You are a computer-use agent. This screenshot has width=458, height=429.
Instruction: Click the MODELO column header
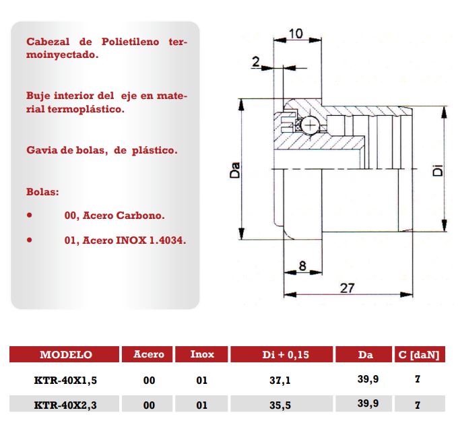point(65,355)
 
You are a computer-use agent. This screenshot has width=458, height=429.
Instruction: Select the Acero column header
point(149,355)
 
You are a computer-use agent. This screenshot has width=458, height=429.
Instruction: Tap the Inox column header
point(202,355)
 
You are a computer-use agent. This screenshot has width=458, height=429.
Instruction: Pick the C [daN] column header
point(419,355)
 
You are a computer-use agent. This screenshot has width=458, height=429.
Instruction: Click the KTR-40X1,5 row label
point(65,381)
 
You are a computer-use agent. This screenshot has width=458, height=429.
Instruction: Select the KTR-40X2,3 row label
point(65,404)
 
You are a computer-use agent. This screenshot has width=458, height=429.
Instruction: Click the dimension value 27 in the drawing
point(346,288)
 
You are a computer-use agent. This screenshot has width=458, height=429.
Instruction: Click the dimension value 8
point(302,266)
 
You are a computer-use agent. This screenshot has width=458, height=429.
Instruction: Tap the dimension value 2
point(255,62)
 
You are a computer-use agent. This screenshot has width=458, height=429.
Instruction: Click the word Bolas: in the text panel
point(43,192)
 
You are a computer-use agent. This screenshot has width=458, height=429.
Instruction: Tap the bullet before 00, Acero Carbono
point(30,216)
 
